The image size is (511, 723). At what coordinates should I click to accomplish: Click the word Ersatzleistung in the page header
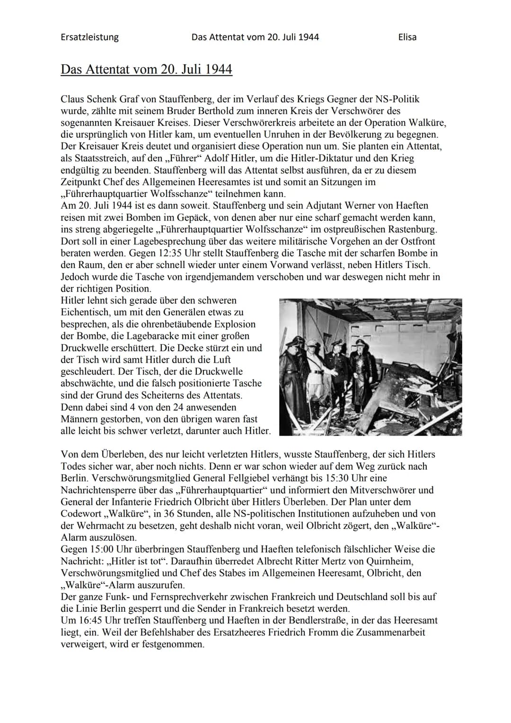click(89, 37)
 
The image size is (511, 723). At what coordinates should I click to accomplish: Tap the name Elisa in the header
click(407, 37)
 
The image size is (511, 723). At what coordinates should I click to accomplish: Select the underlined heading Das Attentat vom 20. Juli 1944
click(146, 70)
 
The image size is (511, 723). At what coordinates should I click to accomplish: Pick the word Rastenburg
click(413, 229)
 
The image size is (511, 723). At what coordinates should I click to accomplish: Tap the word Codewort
click(80, 514)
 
